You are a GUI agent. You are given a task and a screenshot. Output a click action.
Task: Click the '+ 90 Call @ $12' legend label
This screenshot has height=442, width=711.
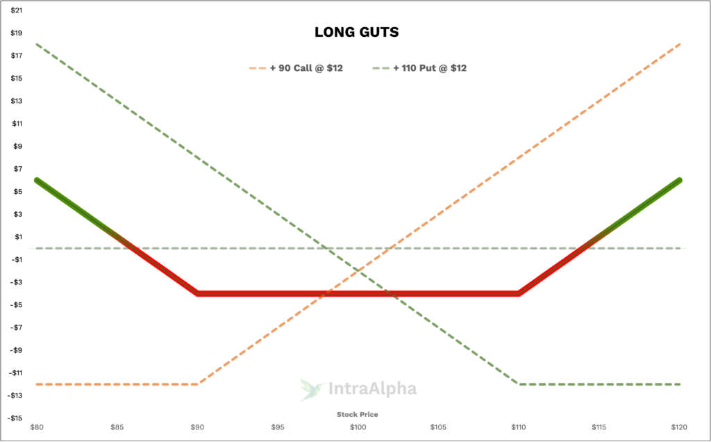click(x=306, y=68)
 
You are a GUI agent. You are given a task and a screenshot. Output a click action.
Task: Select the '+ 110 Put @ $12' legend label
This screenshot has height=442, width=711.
click(x=430, y=68)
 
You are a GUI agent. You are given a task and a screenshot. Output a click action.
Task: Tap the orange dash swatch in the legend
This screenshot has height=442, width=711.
click(x=258, y=68)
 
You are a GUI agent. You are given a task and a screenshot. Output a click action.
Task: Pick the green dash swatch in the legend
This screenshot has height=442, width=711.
click(x=381, y=68)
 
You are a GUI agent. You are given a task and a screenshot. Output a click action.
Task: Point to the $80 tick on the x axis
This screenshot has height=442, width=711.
click(x=36, y=427)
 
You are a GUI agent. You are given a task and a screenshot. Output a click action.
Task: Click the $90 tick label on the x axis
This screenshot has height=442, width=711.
click(x=197, y=427)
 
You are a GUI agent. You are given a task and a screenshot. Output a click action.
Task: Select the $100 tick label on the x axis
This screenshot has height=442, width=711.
click(x=358, y=427)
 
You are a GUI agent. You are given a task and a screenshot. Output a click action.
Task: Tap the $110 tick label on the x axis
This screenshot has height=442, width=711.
click(x=519, y=427)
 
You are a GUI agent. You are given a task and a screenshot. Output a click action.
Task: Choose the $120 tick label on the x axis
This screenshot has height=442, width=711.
click(x=679, y=427)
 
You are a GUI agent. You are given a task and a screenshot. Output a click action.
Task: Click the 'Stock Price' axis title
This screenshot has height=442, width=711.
click(x=358, y=414)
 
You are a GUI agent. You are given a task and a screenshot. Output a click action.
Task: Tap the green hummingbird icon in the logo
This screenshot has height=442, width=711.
click(x=312, y=389)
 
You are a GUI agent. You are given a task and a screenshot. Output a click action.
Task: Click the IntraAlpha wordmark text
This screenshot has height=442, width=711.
click(x=371, y=389)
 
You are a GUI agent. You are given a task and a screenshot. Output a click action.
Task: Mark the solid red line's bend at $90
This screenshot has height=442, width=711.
click(x=198, y=293)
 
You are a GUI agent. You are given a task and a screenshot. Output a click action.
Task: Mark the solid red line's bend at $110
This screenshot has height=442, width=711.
click(x=519, y=293)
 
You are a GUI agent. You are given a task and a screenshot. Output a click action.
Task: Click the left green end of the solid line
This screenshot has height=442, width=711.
click(x=37, y=181)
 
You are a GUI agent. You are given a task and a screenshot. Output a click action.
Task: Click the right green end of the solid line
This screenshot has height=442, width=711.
click(x=678, y=181)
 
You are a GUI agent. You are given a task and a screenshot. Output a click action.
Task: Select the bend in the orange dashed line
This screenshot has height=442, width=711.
click(x=199, y=384)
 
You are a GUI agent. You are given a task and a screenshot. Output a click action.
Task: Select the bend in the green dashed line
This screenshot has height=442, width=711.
click(x=518, y=384)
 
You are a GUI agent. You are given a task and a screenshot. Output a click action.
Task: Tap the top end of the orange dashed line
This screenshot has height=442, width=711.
click(x=679, y=44)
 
